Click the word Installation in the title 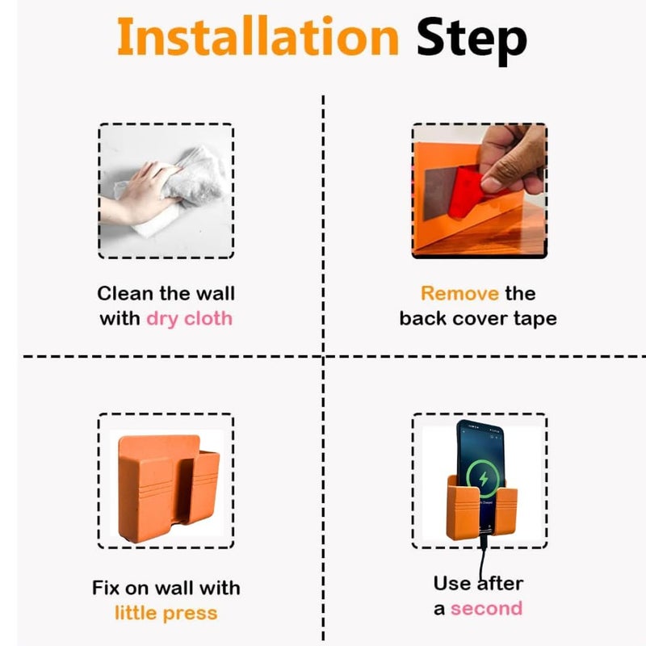258,37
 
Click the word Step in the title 472,37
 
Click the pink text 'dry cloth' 189,318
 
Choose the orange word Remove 459,293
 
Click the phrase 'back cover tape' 478,318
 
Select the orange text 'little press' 166,613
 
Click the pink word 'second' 486,608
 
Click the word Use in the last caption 453,583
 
